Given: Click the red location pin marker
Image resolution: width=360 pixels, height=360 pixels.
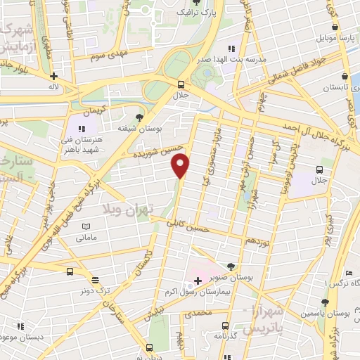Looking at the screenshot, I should click(x=181, y=165).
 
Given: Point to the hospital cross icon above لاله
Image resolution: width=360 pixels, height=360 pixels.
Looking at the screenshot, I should click(x=53, y=76).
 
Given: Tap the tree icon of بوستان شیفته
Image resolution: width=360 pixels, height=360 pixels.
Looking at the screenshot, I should click(x=139, y=117).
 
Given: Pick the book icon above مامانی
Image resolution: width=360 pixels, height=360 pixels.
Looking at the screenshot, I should click(x=86, y=227).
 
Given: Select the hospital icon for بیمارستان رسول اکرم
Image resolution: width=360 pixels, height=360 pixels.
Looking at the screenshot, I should click(x=199, y=281).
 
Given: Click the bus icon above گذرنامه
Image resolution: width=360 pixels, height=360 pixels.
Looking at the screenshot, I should click(x=225, y=325).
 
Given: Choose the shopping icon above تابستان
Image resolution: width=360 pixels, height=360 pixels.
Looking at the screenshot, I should click(x=345, y=76).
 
